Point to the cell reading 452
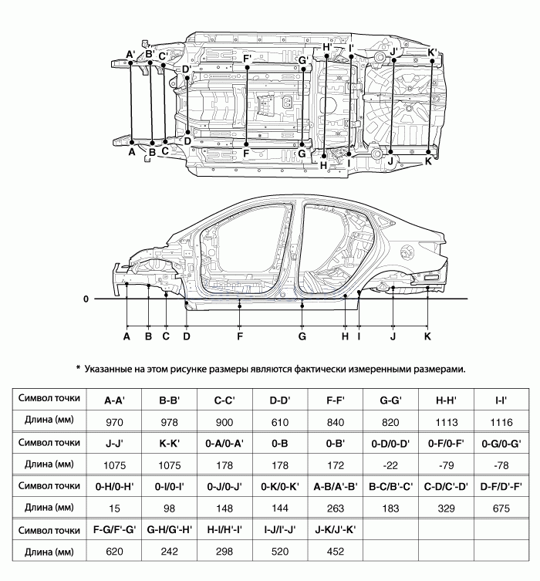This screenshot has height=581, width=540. (x=336, y=552)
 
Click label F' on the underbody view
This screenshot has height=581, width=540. (x=247, y=59)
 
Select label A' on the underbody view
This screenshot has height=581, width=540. (x=131, y=54)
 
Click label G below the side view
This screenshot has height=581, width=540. (x=302, y=336)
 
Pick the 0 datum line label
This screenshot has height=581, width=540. (x=86, y=299)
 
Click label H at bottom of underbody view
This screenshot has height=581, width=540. (x=324, y=164)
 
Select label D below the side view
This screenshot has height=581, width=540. (x=187, y=336)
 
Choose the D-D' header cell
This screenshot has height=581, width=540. (x=282, y=400)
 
